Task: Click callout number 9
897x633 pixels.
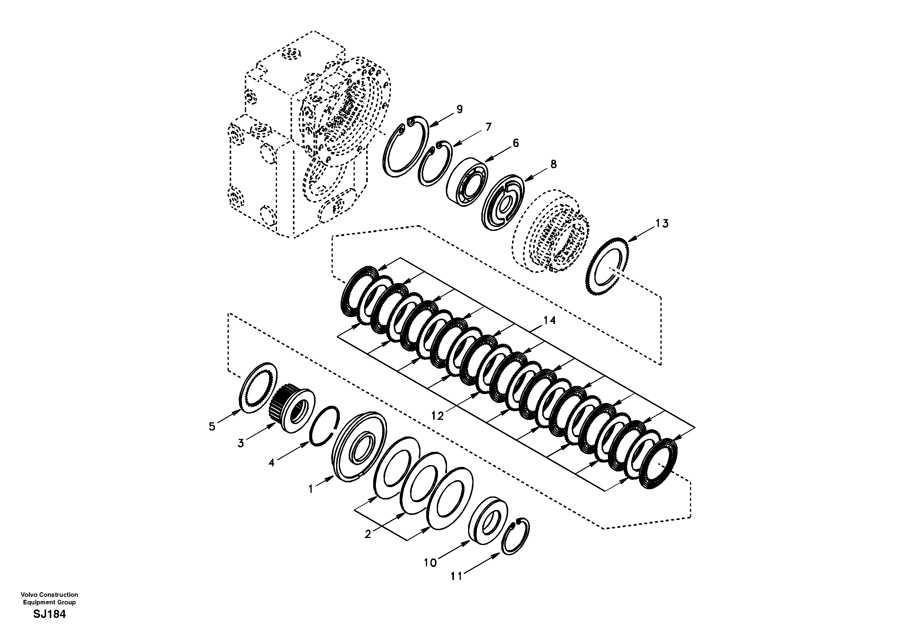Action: (459, 109)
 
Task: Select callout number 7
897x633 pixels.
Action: (488, 127)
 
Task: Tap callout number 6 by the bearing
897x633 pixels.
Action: (516, 143)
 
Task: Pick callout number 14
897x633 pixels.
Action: (549, 320)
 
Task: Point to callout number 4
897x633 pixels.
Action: (271, 463)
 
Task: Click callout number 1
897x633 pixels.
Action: (311, 489)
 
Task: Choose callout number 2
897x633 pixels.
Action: (368, 534)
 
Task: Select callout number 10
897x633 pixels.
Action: (430, 563)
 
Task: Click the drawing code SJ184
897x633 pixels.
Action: (50, 614)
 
